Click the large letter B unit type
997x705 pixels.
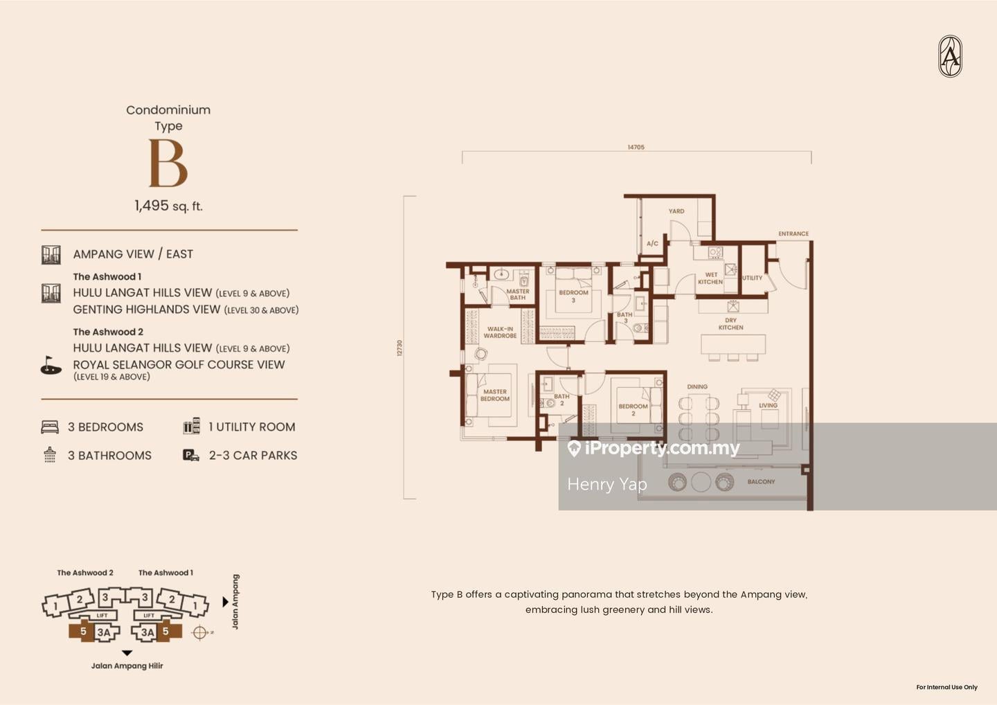coord(168,163)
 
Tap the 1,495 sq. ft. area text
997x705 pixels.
coord(168,206)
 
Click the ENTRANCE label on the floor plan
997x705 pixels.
coord(793,234)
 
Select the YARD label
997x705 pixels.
coord(676,211)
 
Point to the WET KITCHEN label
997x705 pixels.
coord(710,278)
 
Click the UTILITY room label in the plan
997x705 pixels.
coord(752,278)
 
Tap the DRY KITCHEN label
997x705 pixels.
coord(730,324)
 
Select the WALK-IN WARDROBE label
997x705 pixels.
coord(500,332)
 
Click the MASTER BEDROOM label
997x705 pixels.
coord(494,395)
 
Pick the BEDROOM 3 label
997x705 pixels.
coord(573,296)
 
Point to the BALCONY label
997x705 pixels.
coord(761,481)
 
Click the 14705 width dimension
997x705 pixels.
coord(636,148)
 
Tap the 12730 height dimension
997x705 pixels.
coord(399,348)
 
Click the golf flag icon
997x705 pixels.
coord(51,365)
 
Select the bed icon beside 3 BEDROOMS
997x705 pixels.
coord(50,427)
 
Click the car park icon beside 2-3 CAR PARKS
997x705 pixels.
coord(190,455)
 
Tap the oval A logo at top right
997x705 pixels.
coord(950,56)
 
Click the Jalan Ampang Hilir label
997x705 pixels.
coord(127,666)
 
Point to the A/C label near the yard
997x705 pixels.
coord(652,244)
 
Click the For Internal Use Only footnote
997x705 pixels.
coord(946,687)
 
